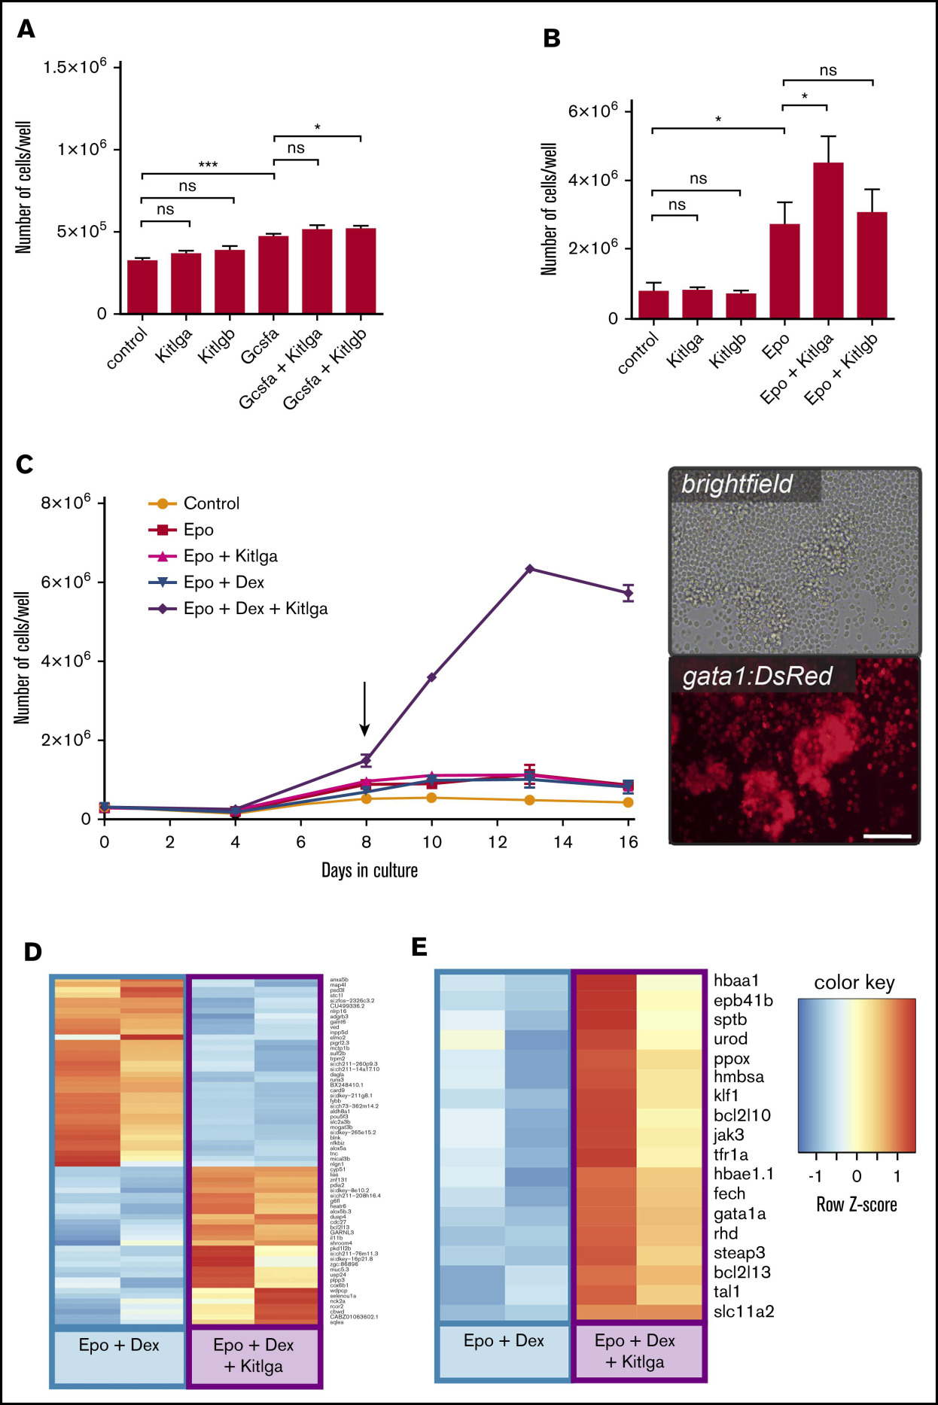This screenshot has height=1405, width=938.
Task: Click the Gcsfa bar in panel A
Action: point(273,275)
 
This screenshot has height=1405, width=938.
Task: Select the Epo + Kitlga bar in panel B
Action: point(828,241)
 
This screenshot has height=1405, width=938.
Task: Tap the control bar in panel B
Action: point(653,304)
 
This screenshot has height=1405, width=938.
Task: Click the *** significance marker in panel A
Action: point(208,166)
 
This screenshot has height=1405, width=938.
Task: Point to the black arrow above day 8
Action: point(365,708)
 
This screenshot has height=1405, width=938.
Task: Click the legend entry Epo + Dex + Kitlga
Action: point(255,609)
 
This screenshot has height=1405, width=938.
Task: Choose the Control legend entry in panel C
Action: point(211,503)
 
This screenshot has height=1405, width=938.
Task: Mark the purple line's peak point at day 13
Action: point(530,569)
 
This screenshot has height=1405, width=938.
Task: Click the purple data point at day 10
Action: point(431,677)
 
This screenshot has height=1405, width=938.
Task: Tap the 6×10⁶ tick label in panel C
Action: point(65,582)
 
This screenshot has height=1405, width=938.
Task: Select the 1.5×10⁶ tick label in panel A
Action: point(75,67)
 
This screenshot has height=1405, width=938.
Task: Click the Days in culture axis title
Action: point(369,871)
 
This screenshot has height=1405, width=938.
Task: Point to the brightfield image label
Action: point(737,484)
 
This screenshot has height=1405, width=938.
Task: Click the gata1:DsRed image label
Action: point(757,677)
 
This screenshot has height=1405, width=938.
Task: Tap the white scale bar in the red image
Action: point(887,835)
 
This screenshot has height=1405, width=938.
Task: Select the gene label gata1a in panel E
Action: point(739,1214)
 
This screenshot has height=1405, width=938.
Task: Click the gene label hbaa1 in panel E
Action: point(736,981)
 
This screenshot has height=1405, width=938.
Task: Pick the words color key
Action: point(854,983)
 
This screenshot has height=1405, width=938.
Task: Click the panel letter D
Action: point(33,952)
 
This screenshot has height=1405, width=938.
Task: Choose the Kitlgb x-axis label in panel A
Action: point(217,346)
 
